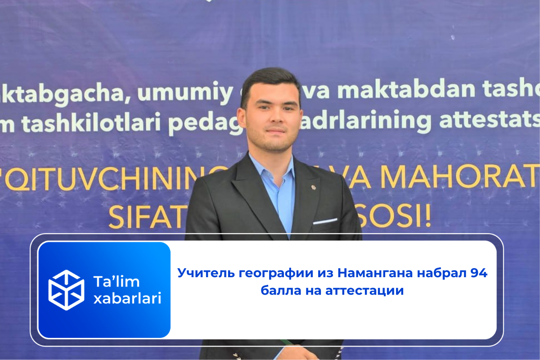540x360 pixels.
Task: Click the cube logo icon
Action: (66, 290)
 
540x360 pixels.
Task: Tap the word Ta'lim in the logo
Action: (117, 282)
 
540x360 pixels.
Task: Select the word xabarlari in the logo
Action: (127, 298)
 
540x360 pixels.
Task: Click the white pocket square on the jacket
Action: (325, 221)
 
